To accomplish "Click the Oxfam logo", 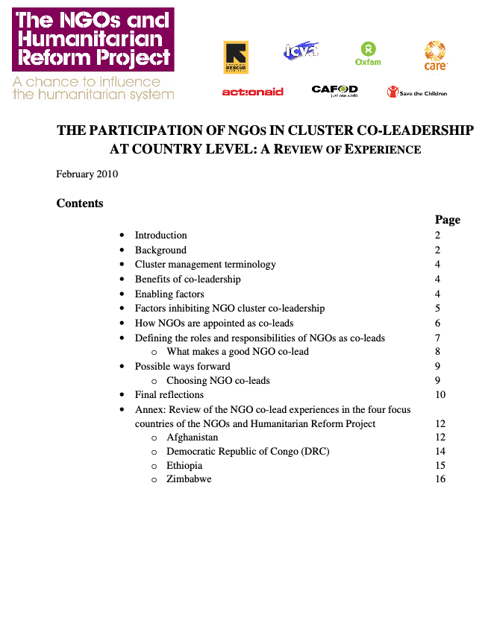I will click(368, 52).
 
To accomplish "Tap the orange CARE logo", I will click(435, 55).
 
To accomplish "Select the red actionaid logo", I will click(252, 92).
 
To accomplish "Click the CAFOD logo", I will click(334, 91).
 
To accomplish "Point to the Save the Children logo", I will click(416, 92).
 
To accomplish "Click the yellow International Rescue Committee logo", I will click(236, 57).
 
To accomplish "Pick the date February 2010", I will click(87, 174).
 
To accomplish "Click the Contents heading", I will click(80, 203).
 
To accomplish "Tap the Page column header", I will click(447, 220).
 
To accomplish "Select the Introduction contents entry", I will click(160, 236).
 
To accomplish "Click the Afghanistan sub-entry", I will click(192, 438).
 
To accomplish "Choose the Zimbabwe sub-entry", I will click(189, 479).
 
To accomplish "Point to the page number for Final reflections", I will click(440, 395).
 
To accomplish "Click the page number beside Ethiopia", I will click(440, 466).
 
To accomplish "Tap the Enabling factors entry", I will click(169, 294).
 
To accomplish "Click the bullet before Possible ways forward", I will click(122, 367).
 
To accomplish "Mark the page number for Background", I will click(438, 250).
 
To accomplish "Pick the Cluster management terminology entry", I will click(205, 265).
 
